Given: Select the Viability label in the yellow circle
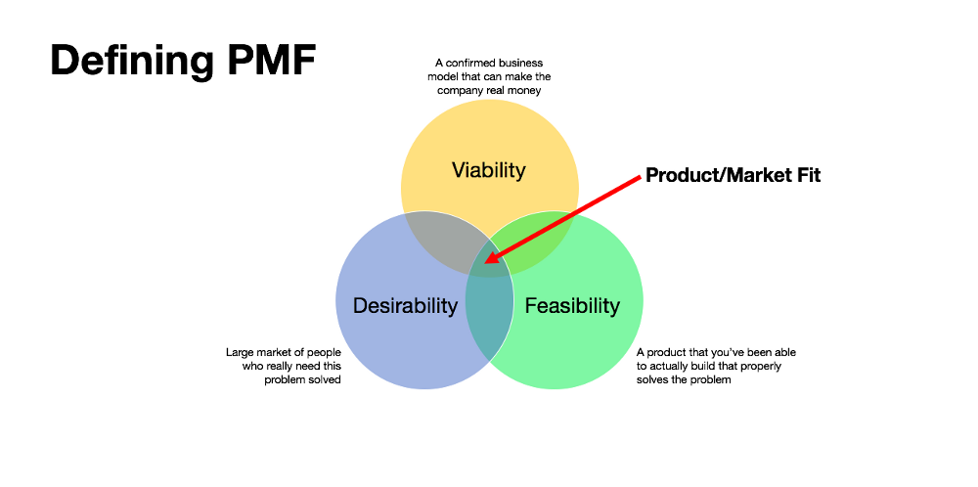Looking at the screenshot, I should pyautogui.click(x=488, y=170).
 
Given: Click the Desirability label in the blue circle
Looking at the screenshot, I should pyautogui.click(x=405, y=305).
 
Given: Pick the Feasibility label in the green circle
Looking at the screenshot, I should pyautogui.click(x=572, y=305).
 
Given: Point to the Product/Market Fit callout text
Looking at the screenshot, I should pyautogui.click(x=733, y=176).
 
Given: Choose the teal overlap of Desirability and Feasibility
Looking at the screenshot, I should pyautogui.click(x=489, y=313).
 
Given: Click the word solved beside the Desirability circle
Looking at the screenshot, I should pyautogui.click(x=325, y=379).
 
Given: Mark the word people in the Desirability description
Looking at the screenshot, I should pyautogui.click(x=325, y=352).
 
